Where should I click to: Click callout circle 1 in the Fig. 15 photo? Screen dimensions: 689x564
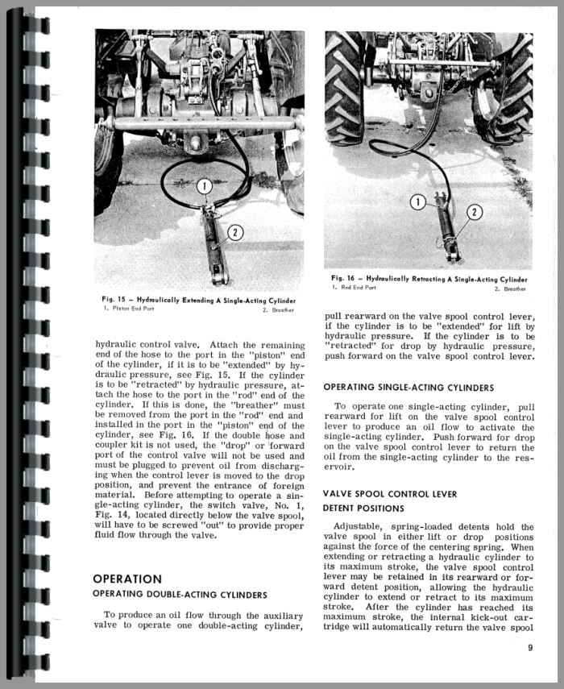(205, 187)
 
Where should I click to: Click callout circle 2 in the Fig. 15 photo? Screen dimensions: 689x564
(235, 233)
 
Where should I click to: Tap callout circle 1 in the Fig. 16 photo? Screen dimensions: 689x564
(417, 202)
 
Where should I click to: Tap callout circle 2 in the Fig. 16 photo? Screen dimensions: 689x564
(475, 213)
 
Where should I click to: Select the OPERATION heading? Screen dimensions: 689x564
(127, 579)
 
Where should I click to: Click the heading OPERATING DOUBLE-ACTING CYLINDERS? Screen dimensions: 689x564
(180, 595)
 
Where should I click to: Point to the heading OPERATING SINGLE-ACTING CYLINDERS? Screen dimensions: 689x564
(408, 388)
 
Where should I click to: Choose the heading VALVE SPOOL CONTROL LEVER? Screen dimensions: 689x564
(389, 493)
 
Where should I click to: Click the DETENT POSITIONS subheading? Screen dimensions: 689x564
(363, 508)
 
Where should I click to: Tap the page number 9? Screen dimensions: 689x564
(529, 647)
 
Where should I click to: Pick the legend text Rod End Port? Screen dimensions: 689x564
(357, 288)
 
